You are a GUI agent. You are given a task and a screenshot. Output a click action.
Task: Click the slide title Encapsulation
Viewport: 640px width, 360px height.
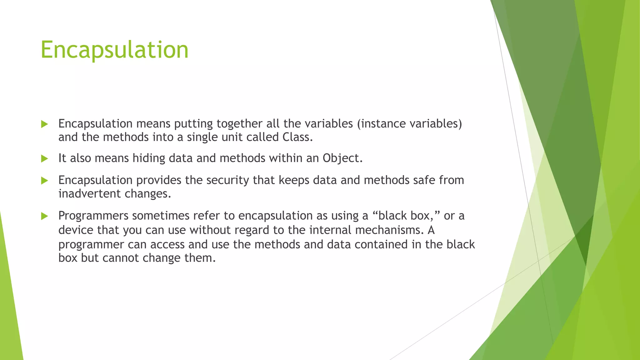click(x=114, y=50)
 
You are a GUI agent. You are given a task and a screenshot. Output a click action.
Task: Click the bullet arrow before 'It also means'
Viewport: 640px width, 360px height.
click(x=44, y=158)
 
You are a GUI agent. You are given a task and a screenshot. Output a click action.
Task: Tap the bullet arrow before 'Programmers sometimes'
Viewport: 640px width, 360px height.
click(x=44, y=216)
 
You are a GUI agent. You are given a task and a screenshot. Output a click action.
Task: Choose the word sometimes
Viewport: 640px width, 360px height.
click(x=161, y=216)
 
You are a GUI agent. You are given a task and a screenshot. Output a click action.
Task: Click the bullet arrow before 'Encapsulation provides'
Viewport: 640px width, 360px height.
click(x=44, y=180)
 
